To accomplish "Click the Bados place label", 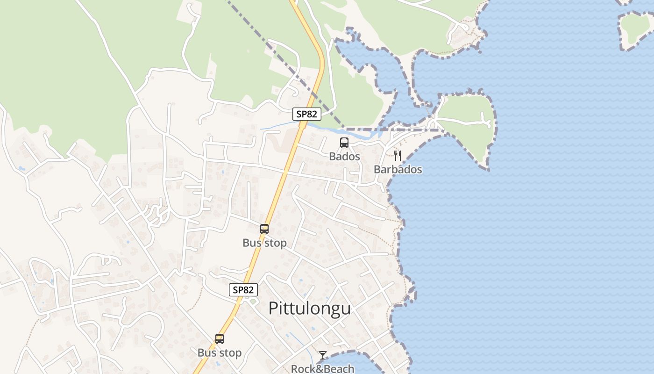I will (344, 156).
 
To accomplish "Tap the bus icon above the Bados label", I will (344, 142).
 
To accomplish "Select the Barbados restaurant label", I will (398, 169).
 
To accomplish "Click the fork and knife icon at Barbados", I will (398, 155).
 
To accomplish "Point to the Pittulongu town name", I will (309, 309).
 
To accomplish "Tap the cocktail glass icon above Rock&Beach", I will (322, 355).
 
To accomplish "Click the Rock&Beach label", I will (322, 368).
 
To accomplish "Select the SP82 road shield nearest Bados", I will (306, 114).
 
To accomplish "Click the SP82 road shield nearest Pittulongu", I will (243, 289).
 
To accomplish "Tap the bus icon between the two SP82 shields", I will (264, 229).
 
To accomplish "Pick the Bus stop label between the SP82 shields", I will (264, 243).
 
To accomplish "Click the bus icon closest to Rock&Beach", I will (220, 339).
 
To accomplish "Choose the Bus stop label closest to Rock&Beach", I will (220, 353).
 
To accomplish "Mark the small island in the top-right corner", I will (636, 29).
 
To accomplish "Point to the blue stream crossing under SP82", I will (280, 126).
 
